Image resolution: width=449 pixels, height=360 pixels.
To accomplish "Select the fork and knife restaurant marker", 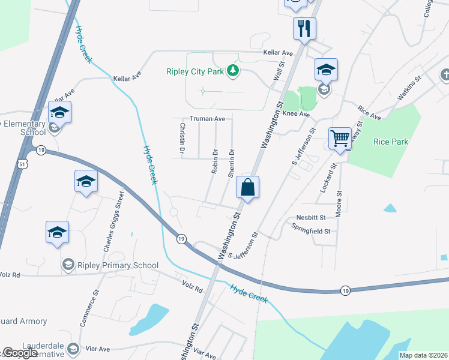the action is coord(304,28).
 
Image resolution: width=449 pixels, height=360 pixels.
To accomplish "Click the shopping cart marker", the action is coord(340,139).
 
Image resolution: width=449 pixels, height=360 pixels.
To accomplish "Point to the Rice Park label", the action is coord(390,142).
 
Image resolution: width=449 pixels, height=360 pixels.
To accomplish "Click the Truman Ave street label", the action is coord(207,119).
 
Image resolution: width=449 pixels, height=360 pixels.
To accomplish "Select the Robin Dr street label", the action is coord(214,161).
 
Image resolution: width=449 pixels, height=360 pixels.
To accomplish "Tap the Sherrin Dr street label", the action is coord(231,163).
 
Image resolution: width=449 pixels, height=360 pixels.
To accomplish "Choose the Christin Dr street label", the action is coord(181,137).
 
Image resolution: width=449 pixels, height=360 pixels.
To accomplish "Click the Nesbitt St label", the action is coord(310,217).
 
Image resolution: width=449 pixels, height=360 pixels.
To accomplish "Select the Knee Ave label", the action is coord(296,113).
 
